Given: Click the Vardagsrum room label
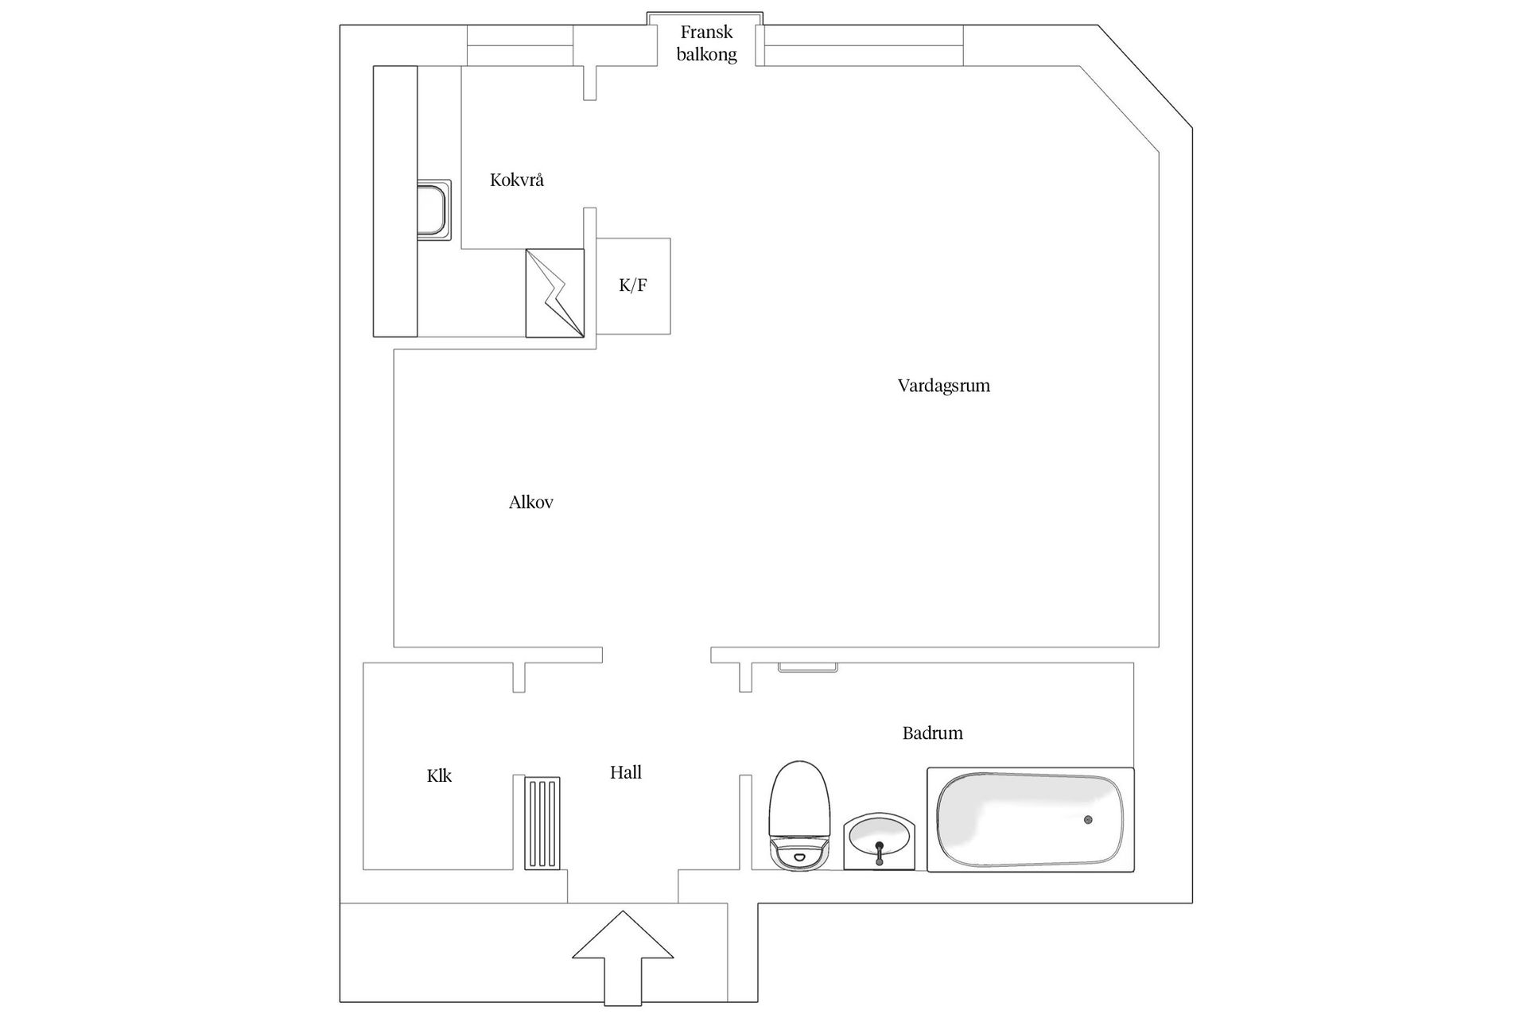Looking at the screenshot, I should tap(943, 386).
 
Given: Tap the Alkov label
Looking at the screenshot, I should tap(530, 502).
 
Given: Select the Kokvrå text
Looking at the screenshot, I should tap(516, 180).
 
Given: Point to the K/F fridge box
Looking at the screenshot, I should tap(633, 286).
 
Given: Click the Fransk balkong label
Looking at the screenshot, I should tap(706, 43).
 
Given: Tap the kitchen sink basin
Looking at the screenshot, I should tap(433, 209).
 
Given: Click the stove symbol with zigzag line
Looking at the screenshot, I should tap(554, 293).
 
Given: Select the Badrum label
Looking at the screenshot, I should tap(932, 732).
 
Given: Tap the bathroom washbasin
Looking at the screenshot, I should tap(878, 841).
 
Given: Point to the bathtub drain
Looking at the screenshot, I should tap(1087, 819).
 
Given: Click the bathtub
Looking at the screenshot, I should tap(1030, 819).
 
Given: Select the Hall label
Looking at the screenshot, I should tap(625, 772).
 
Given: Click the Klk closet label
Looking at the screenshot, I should tap(439, 775).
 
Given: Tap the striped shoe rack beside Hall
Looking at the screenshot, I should tap(542, 822).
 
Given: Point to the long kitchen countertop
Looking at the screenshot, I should tap(395, 201).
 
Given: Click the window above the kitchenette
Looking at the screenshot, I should tap(519, 45).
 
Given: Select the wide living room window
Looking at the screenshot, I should tap(864, 45).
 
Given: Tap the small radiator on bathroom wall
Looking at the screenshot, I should tap(807, 667).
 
